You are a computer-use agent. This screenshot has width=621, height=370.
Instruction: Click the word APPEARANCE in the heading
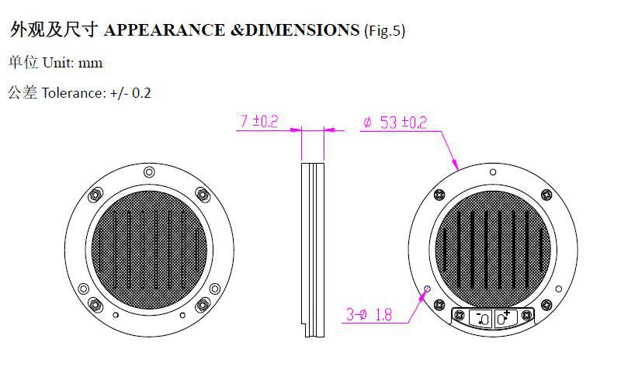165,30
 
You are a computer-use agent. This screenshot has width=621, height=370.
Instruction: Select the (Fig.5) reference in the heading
384,31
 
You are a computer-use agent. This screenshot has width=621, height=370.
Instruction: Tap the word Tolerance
72,93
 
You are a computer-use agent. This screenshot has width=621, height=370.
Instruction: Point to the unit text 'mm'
91,63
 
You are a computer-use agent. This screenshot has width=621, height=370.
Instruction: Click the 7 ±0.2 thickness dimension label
259,121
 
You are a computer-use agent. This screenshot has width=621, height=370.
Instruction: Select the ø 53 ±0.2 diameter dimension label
395,123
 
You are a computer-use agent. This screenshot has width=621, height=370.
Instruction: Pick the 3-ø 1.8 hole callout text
369,315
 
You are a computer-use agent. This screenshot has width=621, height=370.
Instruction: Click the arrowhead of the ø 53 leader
456,164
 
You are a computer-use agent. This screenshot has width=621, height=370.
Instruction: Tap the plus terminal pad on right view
506,318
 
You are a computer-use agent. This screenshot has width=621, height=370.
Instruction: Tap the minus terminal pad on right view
480,318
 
